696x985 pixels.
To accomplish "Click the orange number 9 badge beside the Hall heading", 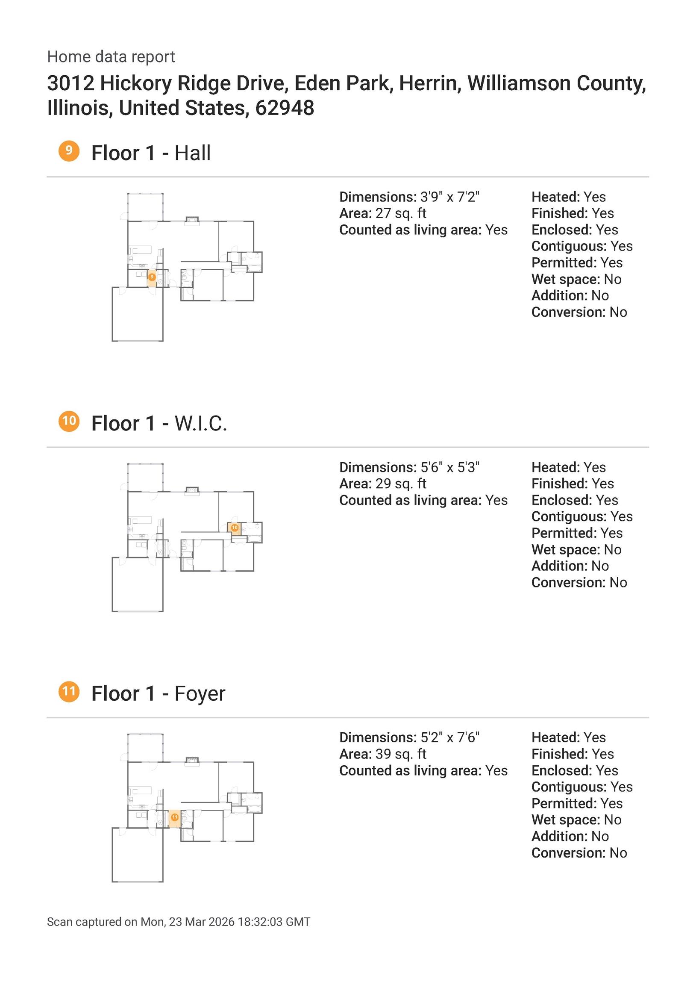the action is tap(69, 151).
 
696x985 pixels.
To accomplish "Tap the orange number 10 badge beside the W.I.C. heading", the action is tap(69, 421).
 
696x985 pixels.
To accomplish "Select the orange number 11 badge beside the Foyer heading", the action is tap(69, 692).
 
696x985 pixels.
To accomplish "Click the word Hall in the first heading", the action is tap(193, 153).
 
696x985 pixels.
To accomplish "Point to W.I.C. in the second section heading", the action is tap(201, 423).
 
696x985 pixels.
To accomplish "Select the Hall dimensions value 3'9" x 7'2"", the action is tap(450, 197).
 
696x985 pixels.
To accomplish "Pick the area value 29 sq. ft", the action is tap(401, 484).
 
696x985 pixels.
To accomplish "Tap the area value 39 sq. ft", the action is tap(401, 754).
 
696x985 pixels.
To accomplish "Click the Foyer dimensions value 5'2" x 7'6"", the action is tap(450, 737).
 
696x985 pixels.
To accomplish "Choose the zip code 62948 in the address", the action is tap(285, 108).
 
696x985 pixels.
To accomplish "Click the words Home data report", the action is tap(111, 56).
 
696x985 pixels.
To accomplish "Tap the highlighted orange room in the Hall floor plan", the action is tap(152, 278).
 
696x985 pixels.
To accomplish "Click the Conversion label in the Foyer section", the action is tap(569, 853).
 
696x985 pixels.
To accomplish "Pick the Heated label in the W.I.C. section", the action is tap(556, 467).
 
